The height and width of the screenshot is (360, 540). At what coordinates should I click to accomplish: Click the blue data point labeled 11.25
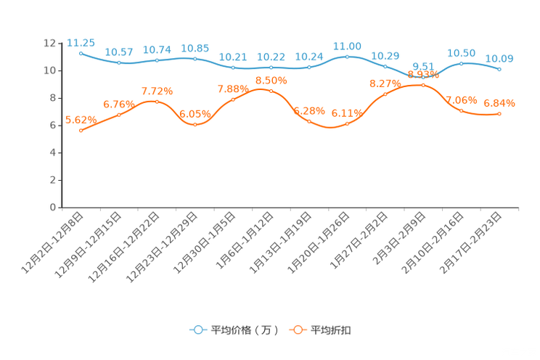81,53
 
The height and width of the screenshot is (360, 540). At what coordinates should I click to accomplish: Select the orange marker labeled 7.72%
157,102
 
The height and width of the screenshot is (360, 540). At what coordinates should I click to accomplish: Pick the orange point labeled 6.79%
119,115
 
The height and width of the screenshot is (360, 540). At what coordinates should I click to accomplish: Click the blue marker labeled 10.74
157,61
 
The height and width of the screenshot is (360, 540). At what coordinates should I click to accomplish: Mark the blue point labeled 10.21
233,67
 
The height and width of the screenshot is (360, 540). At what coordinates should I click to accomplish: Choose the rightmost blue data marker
499,69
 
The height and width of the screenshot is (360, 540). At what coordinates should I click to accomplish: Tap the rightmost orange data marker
499,113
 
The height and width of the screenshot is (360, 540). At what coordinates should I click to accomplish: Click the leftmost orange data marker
81,131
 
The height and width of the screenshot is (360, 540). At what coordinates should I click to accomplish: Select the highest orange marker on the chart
423,85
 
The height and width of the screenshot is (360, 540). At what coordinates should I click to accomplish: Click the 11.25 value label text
81,42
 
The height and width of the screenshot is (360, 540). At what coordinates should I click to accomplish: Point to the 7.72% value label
157,91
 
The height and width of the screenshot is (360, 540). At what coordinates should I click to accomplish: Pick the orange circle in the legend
298,330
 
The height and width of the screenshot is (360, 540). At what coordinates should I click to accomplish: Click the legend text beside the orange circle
331,330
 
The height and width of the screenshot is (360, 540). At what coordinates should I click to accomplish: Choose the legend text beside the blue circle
245,330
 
